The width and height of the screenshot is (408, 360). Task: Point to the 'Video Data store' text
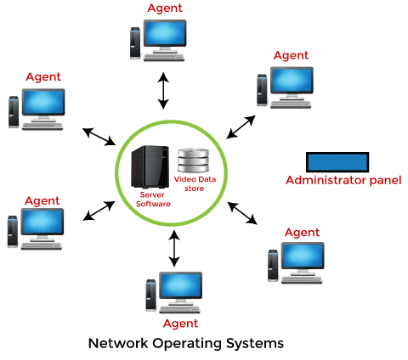tap(192, 183)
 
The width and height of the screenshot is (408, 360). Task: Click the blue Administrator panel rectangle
tap(337, 162)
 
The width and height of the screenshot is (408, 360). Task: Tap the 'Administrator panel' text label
tap(343, 180)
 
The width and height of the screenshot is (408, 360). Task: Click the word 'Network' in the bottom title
tap(117, 344)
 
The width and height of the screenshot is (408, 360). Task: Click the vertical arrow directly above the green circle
tap(162, 91)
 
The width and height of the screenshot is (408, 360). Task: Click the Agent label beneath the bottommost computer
tap(179, 323)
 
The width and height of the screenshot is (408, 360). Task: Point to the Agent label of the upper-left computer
tap(43, 76)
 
